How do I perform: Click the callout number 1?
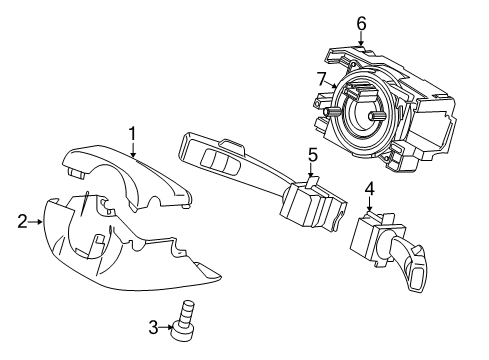(x=130, y=132)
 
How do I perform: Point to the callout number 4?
(x=369, y=187)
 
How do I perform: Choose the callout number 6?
(x=361, y=22)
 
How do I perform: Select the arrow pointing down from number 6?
(x=361, y=38)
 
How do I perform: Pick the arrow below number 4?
(x=369, y=204)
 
